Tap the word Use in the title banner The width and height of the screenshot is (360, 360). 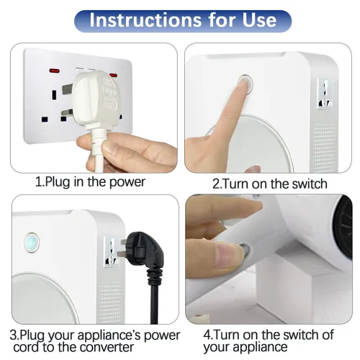tap(259, 19)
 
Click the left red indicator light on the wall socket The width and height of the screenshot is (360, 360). tap(55, 71)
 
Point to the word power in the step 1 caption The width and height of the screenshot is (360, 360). tap(127, 182)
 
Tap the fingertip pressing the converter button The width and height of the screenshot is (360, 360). tap(244, 84)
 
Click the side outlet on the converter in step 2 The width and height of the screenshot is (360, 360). tap(325, 94)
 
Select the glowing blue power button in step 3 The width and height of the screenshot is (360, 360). tap(32, 242)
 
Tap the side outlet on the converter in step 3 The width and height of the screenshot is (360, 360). tap(111, 251)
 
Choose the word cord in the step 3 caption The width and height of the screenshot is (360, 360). tap(26, 347)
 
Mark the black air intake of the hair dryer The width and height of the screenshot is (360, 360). tap(343, 225)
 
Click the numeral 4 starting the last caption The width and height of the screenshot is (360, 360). tap(207, 335)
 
